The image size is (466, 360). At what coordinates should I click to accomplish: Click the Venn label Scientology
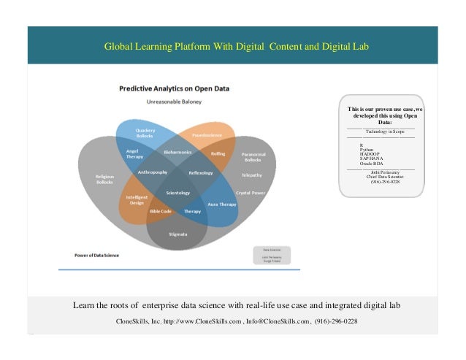click(177, 193)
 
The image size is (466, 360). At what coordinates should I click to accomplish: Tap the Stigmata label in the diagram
click(177, 234)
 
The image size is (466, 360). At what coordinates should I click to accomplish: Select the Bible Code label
click(160, 211)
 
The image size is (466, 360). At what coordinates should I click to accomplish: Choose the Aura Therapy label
click(222, 204)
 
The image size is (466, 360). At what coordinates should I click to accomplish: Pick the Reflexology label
click(200, 173)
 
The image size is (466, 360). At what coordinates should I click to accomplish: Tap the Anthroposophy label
click(153, 172)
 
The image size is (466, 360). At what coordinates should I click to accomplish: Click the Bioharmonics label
click(177, 153)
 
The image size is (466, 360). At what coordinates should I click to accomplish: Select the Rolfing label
click(218, 153)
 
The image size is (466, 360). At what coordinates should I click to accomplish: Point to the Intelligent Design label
click(137, 200)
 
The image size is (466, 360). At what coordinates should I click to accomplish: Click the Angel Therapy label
click(134, 153)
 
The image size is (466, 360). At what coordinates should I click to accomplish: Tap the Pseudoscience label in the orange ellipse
click(207, 135)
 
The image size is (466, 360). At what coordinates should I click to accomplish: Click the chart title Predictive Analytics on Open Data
click(174, 88)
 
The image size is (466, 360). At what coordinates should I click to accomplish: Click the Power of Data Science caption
click(97, 256)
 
